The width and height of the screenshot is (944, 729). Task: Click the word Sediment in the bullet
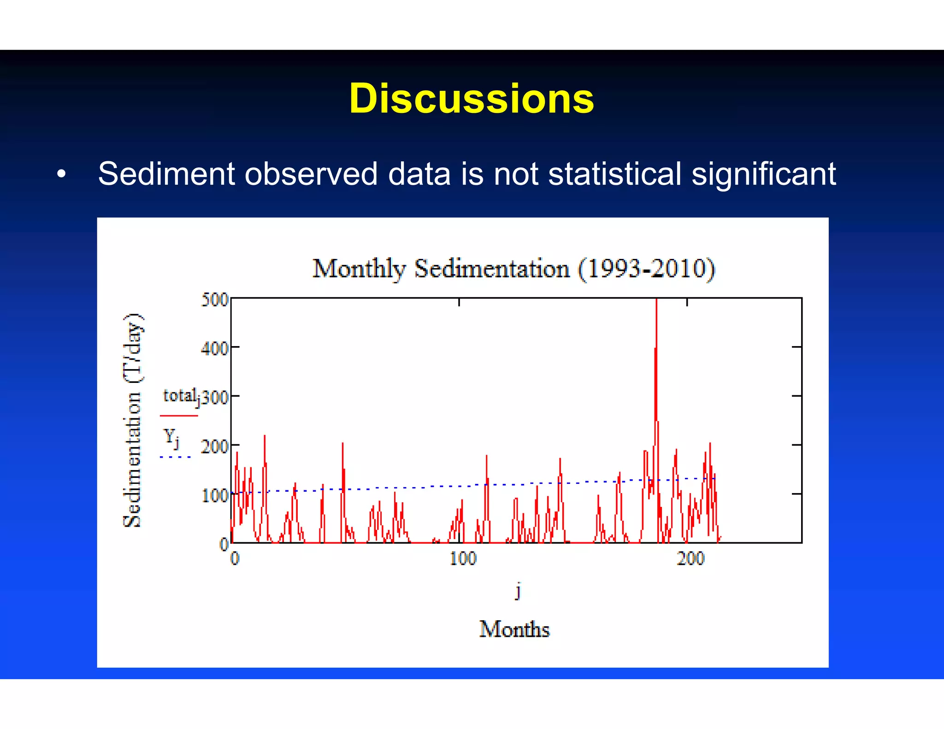coord(166,174)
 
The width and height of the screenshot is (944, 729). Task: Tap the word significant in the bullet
coord(764,174)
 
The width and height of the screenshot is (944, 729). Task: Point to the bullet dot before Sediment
coord(61,175)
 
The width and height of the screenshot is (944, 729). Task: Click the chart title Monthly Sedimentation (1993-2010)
coord(513,269)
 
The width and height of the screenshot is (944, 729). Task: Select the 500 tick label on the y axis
coord(215,300)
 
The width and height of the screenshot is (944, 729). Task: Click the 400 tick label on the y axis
coord(215,349)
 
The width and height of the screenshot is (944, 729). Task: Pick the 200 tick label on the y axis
coord(215,447)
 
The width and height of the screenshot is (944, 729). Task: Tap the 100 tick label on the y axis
coord(215,496)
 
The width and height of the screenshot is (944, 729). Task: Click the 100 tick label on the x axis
coord(462,559)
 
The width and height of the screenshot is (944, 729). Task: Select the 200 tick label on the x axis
coord(690,559)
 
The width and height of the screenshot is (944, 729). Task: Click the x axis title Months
coord(514,629)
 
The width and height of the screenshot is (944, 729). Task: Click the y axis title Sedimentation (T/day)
coord(133,420)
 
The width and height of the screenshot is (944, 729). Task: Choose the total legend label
coord(180,396)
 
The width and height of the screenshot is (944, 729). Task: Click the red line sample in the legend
coord(178,416)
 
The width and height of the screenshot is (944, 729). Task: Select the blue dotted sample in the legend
coord(175,457)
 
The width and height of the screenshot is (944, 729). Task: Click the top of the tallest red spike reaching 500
coord(656,300)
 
